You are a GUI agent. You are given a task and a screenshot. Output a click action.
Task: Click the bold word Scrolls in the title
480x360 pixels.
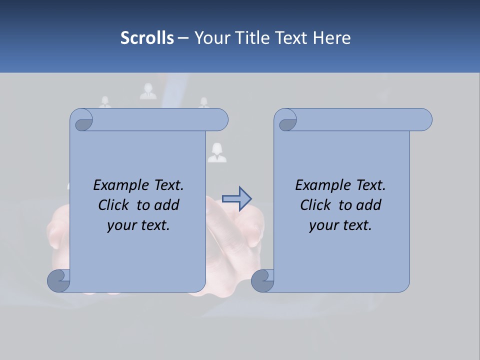click(147, 38)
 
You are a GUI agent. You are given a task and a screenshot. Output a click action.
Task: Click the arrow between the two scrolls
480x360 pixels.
click(237, 199)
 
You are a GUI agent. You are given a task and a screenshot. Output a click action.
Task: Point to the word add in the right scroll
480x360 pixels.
click(369, 205)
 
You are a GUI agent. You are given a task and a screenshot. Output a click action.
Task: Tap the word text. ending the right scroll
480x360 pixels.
click(356, 225)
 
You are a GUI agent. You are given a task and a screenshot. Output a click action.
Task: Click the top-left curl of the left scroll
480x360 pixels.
click(82, 121)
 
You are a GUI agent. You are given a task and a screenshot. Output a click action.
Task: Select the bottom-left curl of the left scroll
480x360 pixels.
click(59, 280)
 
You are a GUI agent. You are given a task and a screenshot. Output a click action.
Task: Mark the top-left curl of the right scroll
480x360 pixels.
click(286, 121)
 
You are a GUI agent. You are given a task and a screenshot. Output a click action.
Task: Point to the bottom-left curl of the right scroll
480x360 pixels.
click(262, 280)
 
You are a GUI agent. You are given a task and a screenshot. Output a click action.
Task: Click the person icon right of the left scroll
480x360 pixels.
click(217, 153)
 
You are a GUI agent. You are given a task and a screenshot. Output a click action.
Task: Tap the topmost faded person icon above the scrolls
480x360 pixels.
click(148, 91)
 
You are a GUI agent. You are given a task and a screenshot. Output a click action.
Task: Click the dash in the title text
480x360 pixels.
click(183, 38)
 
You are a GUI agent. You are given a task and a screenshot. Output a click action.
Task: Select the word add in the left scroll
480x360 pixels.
click(167, 205)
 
